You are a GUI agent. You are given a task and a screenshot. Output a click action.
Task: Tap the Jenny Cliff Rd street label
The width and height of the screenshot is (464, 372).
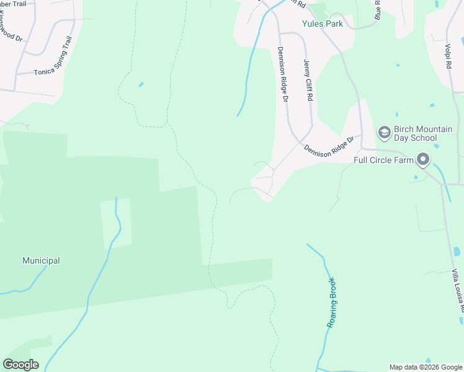308,79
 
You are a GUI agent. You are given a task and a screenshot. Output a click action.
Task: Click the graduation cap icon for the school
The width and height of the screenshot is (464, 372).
384,133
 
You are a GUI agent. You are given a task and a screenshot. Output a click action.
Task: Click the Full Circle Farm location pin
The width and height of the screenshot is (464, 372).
423,160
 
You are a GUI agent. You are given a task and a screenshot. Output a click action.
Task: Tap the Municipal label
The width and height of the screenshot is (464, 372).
41,261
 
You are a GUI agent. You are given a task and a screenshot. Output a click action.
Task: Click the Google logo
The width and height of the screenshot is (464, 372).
20,365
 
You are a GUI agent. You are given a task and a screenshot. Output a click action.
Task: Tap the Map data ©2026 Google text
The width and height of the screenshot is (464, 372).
425,367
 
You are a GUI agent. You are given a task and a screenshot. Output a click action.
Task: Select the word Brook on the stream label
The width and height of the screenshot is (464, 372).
329,316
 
